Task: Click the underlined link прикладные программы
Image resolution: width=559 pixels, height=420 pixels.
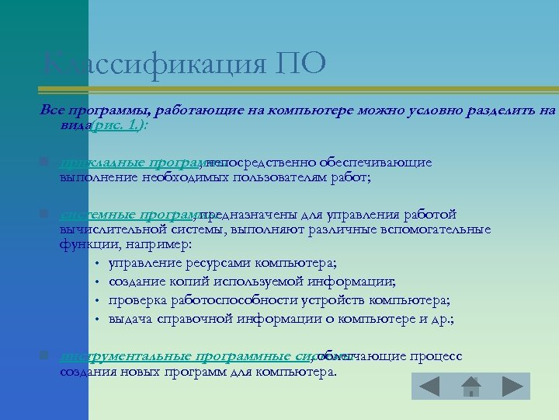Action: click(x=130, y=162)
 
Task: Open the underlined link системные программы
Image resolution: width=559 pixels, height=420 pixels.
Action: click(x=129, y=215)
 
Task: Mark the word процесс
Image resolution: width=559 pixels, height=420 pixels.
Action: click(x=436, y=356)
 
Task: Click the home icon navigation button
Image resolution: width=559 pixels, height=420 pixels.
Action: click(x=470, y=387)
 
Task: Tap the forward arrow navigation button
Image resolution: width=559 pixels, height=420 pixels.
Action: click(x=512, y=387)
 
